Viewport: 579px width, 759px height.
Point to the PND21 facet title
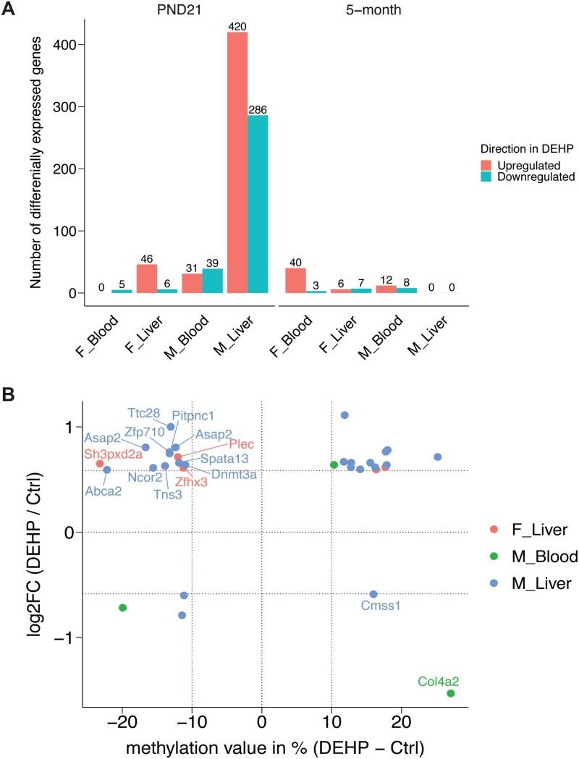[x=180, y=10]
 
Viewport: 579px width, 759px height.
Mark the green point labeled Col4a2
[x=450, y=693]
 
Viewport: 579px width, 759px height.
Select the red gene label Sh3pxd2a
[x=112, y=454]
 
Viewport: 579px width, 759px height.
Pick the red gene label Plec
[x=242, y=444]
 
